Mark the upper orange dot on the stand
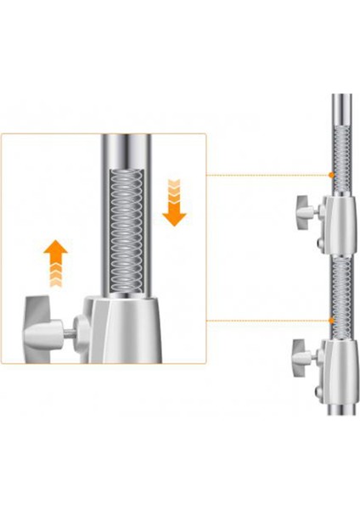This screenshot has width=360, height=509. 332,175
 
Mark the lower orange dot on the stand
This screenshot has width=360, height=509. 332,320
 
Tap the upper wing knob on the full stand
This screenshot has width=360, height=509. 302,207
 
